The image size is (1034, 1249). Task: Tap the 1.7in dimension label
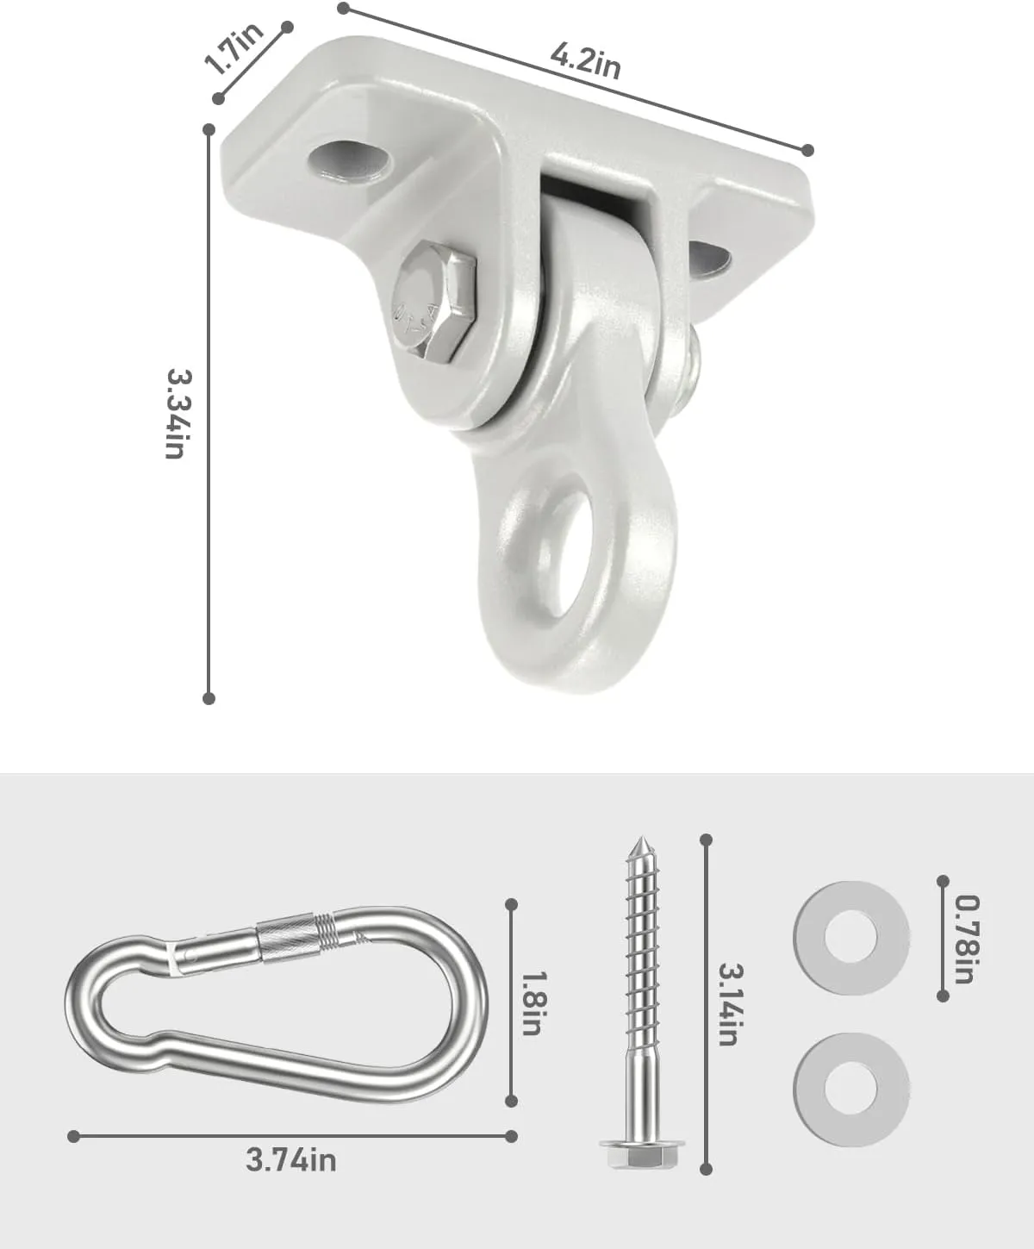234,48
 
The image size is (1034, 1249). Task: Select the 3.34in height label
177,414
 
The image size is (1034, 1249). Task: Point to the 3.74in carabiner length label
291,1160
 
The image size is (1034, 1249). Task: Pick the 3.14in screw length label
727,1003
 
